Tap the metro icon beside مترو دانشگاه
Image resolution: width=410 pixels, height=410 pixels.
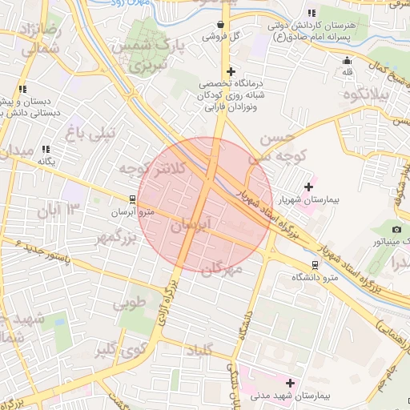tap(315, 264)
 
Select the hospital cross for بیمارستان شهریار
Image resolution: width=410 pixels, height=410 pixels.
tap(308, 187)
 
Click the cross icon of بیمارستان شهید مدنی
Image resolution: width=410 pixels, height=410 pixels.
tap(290, 383)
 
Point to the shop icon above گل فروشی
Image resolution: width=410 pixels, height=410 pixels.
tap(220, 24)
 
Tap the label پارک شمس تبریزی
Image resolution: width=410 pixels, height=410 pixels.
tap(152, 54)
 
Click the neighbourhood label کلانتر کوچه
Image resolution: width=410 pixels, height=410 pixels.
tap(152, 168)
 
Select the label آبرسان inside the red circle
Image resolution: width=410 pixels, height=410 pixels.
tap(191, 226)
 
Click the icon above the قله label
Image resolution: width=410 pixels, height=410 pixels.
tap(347, 61)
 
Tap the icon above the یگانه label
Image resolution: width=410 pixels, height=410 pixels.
tap(46, 149)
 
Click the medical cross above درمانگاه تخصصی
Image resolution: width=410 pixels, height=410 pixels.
tap(231, 71)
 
